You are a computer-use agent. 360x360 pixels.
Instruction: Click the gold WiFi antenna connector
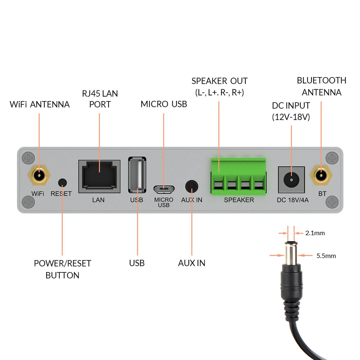[x=39, y=175]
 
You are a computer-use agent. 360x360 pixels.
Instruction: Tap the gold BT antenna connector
[x=321, y=175]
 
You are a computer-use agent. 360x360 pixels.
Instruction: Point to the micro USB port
[x=164, y=189]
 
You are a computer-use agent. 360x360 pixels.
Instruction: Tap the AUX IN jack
[x=192, y=186]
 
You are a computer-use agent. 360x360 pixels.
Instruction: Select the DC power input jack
[x=291, y=179]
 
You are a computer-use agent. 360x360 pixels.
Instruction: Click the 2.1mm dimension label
[x=315, y=233]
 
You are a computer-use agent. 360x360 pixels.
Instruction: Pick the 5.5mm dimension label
[x=326, y=256]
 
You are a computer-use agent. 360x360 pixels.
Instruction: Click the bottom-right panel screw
[x=332, y=202]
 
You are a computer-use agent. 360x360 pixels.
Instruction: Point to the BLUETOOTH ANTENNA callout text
[x=321, y=86]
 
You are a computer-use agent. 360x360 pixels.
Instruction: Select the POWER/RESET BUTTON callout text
[x=62, y=269]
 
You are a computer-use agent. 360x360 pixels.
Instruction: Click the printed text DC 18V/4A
[x=292, y=200]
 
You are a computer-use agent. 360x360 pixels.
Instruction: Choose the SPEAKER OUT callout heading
[x=219, y=81]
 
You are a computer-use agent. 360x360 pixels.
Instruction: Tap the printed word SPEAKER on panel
[x=239, y=200]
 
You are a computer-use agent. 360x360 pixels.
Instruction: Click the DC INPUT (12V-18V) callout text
[x=291, y=111]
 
